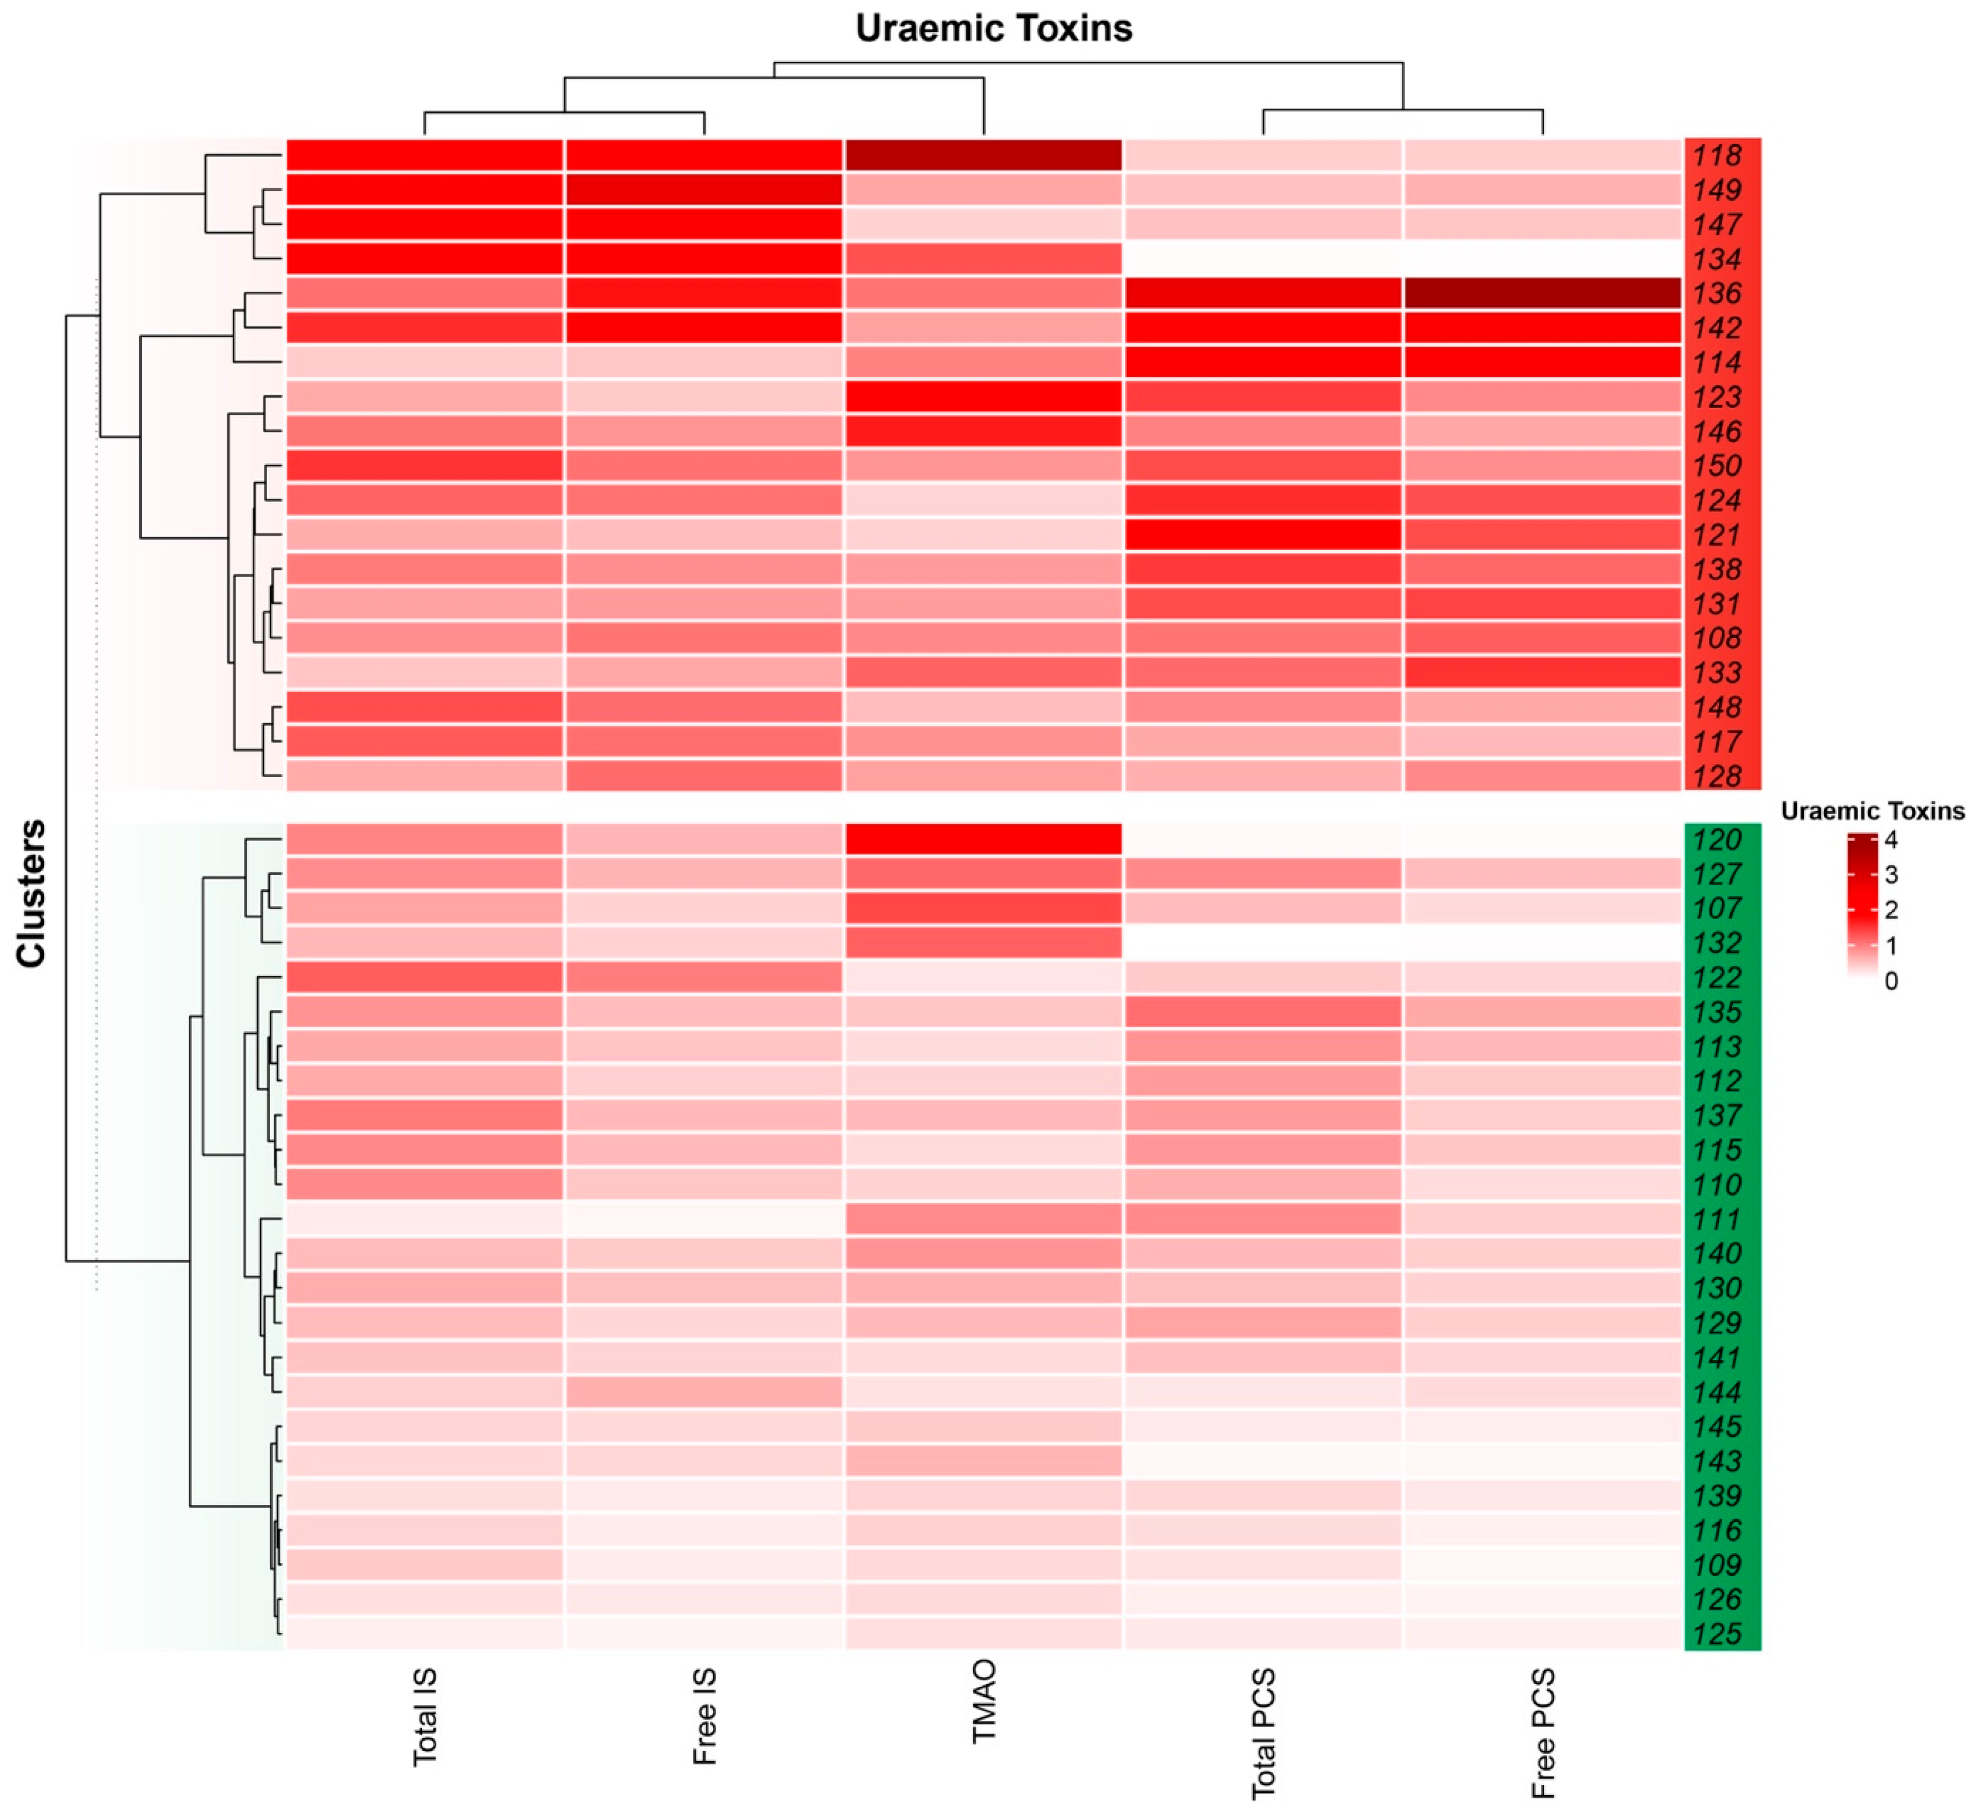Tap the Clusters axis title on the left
31,894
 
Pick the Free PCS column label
1542,1734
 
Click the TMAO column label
984,1701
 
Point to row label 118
1717,155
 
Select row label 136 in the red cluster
1717,293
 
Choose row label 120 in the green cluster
1717,839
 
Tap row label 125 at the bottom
1717,1634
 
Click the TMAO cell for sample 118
984,155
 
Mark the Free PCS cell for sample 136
1542,293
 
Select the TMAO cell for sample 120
984,839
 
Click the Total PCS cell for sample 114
1262,362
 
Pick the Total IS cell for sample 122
425,977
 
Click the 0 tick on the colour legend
1890,981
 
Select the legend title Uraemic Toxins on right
1872,811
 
